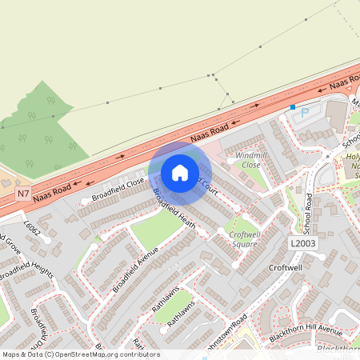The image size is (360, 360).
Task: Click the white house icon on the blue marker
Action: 180,172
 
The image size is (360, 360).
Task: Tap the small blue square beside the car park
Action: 294,106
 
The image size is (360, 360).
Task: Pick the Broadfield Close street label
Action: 118,189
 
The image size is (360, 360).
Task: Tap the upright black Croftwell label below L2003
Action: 286,267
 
